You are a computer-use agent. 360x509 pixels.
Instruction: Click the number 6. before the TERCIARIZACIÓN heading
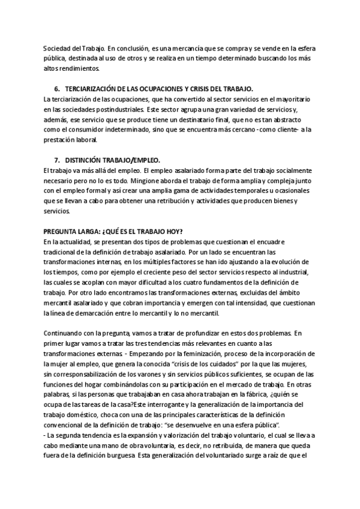pyautogui.click(x=57, y=89)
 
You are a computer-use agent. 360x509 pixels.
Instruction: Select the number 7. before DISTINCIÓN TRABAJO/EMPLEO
pyautogui.click(x=57, y=160)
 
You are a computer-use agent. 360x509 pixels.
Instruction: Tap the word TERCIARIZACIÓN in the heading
pyautogui.click(x=93, y=89)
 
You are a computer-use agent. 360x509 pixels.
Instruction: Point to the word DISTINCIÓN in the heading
pyautogui.click(x=86, y=160)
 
